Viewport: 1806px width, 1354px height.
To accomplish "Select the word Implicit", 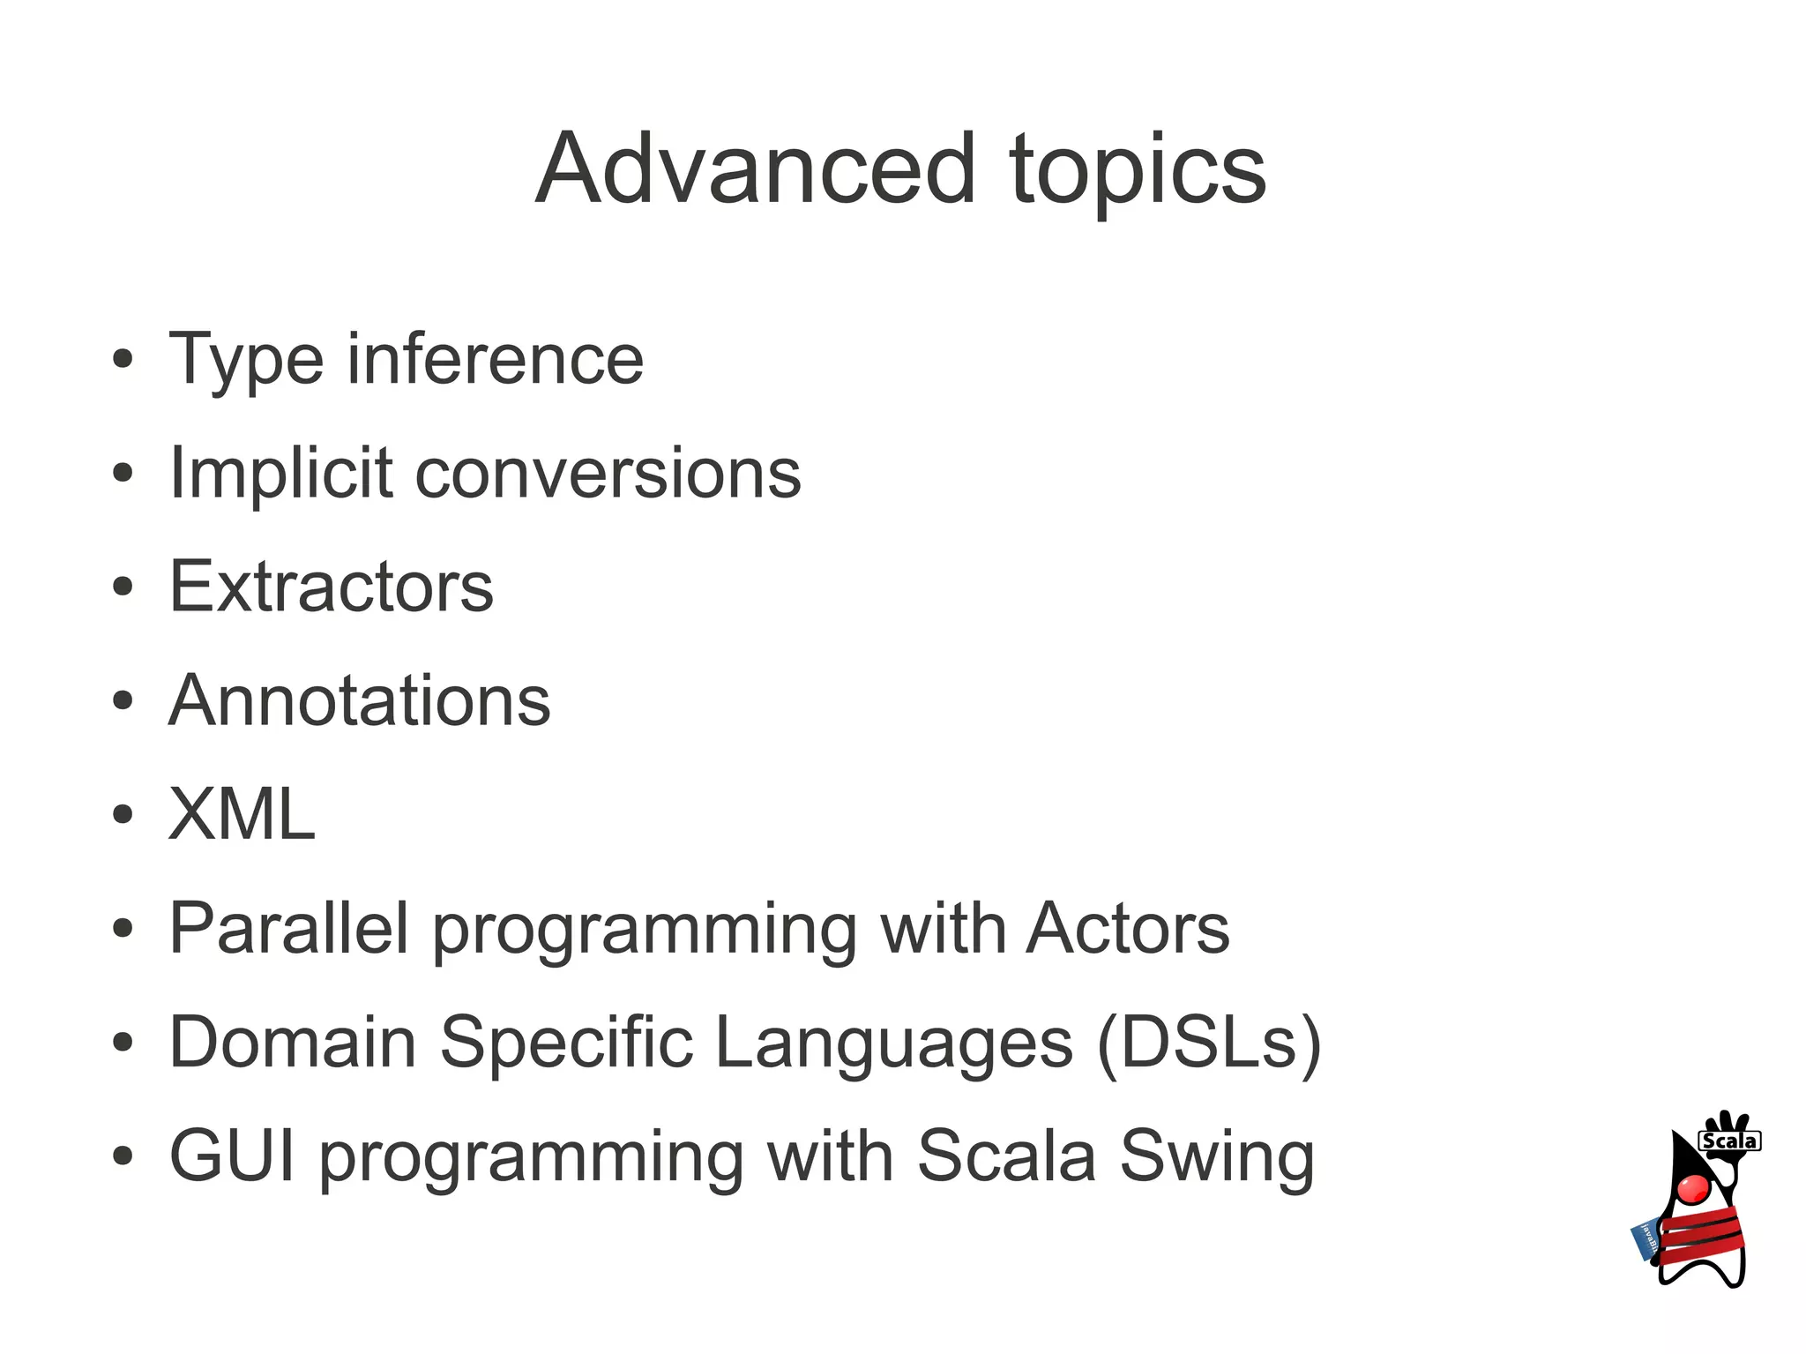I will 280,474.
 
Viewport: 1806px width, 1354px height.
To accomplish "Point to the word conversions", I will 608,475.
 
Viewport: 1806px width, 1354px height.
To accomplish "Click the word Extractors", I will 331,587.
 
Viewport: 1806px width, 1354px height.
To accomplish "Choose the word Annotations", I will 359,701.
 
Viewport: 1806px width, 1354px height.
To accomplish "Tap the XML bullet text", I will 241,814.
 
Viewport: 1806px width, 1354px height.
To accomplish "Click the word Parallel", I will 288,928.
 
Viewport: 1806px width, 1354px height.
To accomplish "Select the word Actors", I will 1127,928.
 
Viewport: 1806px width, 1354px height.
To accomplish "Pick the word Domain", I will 292,1042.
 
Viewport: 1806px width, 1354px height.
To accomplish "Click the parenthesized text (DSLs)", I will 1209,1043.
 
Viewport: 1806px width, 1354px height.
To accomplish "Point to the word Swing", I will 1217,1157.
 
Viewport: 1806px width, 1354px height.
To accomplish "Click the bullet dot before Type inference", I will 123,360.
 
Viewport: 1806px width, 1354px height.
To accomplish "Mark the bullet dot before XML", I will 123,814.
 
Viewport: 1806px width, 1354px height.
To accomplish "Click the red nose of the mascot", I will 1693,1188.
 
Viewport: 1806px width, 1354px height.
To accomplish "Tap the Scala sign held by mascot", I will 1729,1141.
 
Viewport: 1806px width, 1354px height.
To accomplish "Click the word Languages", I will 894,1042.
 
